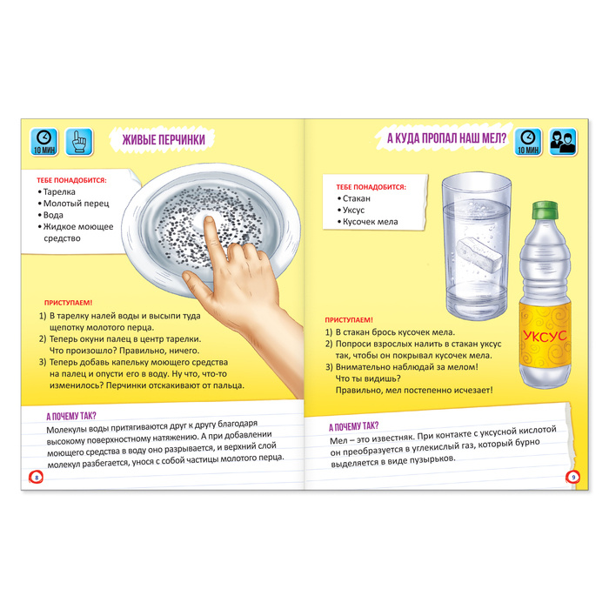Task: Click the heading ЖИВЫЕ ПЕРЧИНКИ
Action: click(x=164, y=139)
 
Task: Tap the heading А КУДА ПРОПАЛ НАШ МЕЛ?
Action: click(x=446, y=137)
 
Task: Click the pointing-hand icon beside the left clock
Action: click(x=79, y=142)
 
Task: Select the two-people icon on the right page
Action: click(x=563, y=142)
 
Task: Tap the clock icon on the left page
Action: click(x=44, y=142)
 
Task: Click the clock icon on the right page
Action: click(x=528, y=142)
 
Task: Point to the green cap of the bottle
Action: click(x=545, y=211)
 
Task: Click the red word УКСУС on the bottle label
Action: click(x=545, y=336)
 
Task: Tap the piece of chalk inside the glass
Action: click(x=480, y=255)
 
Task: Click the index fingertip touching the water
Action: click(x=209, y=222)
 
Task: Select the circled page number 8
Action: click(x=37, y=478)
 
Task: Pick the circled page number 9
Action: click(x=572, y=477)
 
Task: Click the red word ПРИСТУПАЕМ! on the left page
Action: click(x=69, y=303)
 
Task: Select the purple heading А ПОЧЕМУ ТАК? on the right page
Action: click(x=353, y=426)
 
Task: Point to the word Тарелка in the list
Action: click(x=59, y=192)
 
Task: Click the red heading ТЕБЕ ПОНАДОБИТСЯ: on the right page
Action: click(x=371, y=187)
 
